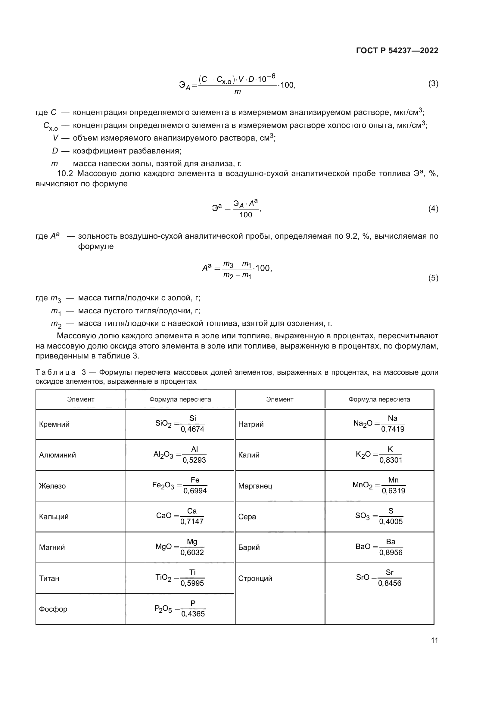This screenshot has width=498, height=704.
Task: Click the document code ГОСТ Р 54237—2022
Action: click(x=397, y=51)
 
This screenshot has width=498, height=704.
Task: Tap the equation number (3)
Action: click(x=433, y=83)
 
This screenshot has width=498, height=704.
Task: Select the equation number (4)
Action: click(x=433, y=209)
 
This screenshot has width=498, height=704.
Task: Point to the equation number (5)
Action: click(x=433, y=278)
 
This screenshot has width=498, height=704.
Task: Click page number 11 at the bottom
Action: click(x=434, y=640)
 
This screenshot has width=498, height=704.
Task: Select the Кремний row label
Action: click(x=54, y=424)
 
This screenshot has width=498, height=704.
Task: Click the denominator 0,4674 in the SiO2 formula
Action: click(x=192, y=429)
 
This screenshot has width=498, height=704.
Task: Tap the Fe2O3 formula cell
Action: click(x=180, y=486)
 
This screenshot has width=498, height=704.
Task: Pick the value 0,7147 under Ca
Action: click(x=192, y=522)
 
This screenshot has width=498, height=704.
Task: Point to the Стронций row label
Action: click(x=255, y=578)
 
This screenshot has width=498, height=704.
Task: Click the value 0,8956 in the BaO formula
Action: click(x=391, y=553)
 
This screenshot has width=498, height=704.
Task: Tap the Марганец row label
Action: click(x=255, y=486)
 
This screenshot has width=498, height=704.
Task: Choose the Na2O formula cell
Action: click(x=379, y=424)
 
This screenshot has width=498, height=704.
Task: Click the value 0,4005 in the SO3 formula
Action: click(x=391, y=522)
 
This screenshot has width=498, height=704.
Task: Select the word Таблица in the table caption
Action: click(x=55, y=372)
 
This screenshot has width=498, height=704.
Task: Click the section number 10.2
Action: click(x=65, y=174)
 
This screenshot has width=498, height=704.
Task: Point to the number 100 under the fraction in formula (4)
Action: click(x=246, y=215)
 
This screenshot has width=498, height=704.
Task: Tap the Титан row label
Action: click(x=49, y=578)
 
